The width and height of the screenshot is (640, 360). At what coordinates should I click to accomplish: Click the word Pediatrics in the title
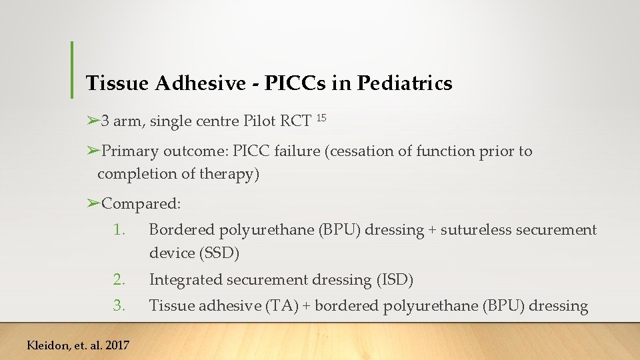click(405, 83)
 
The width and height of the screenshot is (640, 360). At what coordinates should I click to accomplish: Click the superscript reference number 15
click(321, 118)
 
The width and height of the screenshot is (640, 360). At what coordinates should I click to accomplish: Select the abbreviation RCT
click(295, 121)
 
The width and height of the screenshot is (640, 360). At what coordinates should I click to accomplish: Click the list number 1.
click(119, 231)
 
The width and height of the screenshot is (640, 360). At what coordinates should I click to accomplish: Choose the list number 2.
click(119, 280)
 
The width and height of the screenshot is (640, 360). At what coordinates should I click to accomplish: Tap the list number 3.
click(119, 306)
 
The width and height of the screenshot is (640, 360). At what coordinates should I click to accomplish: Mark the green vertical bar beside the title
click(72, 70)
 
